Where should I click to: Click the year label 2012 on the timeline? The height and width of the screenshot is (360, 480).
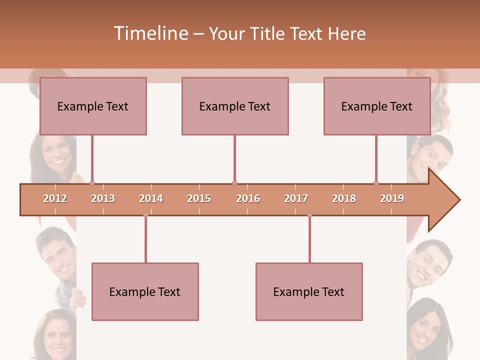point(55,198)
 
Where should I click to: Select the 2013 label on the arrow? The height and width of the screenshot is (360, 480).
point(103,198)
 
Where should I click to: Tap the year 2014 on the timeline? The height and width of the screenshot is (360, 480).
point(151,198)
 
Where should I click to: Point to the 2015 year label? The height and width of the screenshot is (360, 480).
point(199,198)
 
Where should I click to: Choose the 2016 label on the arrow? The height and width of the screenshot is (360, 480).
point(248,198)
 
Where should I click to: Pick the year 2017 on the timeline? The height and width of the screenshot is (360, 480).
point(296,198)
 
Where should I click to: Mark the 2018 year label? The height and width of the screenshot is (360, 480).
point(344,198)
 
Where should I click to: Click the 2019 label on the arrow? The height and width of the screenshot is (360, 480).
point(392,198)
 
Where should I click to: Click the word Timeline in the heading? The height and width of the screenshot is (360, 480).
point(150,33)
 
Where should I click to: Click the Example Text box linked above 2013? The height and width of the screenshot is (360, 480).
point(93,106)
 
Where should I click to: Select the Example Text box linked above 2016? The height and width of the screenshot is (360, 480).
point(235,106)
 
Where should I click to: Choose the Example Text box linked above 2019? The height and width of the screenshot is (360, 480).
point(377,106)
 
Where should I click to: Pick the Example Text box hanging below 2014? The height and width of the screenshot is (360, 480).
point(145,291)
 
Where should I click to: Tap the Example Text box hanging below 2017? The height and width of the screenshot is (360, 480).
point(309,291)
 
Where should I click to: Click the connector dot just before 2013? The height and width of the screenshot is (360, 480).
point(92,183)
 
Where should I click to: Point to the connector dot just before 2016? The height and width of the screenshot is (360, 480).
point(234,183)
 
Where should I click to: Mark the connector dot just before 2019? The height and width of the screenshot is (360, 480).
point(376,183)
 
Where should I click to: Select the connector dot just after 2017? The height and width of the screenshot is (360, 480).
point(309,215)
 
